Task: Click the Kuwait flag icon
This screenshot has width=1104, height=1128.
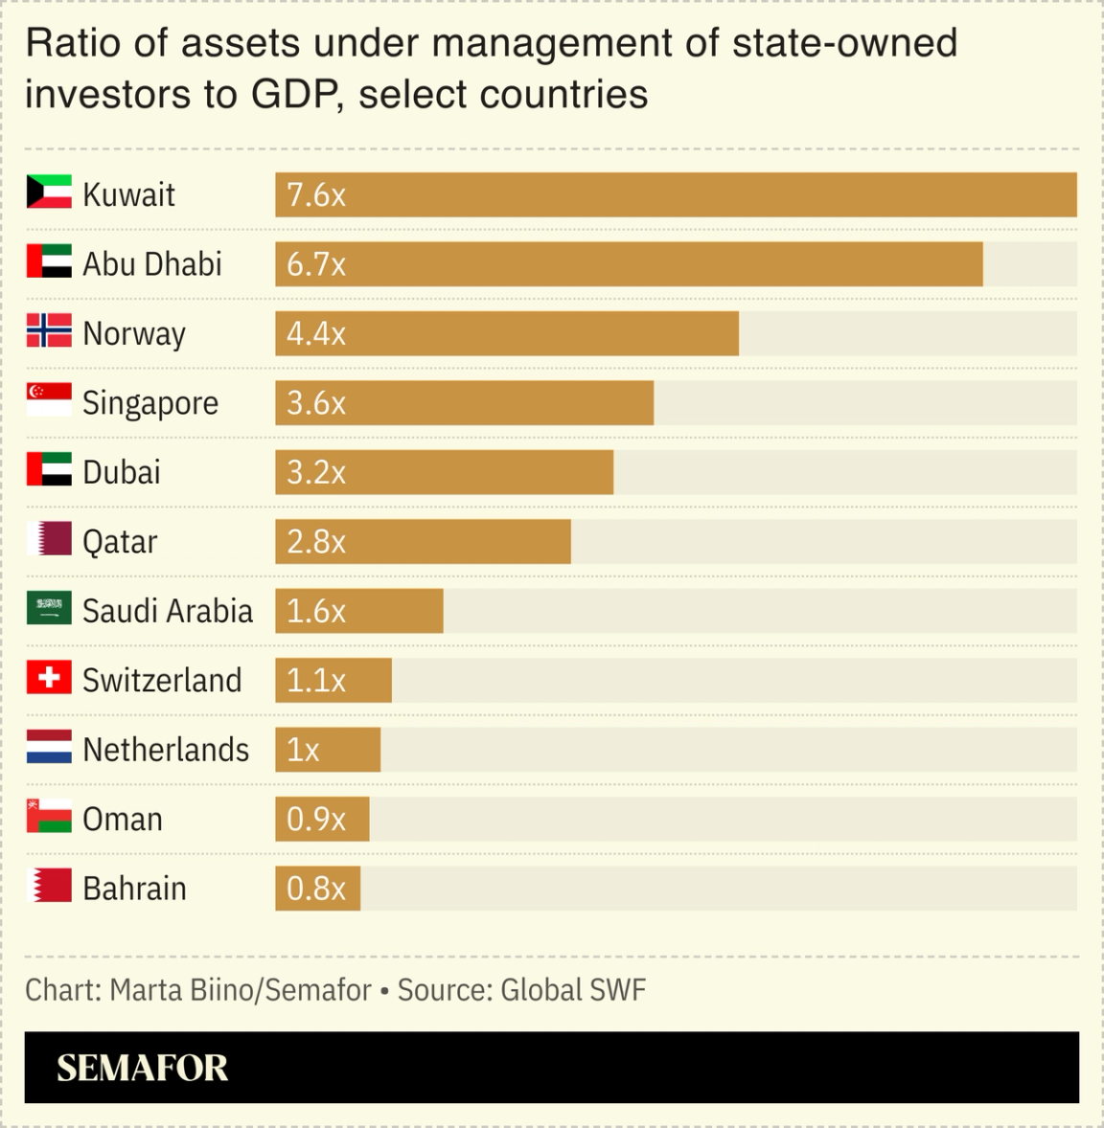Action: point(49,192)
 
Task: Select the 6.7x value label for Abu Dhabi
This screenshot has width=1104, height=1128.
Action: point(315,264)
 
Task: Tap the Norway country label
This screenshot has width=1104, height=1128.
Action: point(133,333)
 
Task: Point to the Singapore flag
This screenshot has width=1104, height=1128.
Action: point(49,400)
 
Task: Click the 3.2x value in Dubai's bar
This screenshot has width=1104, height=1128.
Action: point(315,472)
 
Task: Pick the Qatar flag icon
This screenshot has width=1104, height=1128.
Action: point(49,539)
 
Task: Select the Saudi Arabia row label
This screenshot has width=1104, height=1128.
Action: point(167,610)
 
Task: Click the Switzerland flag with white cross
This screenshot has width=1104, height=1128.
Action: point(49,678)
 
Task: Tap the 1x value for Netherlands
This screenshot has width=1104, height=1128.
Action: point(303,750)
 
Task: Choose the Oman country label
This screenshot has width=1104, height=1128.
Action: point(122,819)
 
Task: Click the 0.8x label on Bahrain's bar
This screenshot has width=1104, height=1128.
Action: point(315,889)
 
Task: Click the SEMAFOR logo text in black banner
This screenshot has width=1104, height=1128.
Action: point(142,1068)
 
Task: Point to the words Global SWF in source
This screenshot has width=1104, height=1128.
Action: point(573,989)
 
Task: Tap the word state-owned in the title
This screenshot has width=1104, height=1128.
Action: point(843,43)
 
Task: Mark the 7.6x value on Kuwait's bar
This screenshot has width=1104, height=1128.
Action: point(315,195)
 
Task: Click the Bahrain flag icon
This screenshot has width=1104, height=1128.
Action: point(49,886)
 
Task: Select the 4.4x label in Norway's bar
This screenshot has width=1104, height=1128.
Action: point(315,333)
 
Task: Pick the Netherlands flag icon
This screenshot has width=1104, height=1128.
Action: point(49,747)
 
